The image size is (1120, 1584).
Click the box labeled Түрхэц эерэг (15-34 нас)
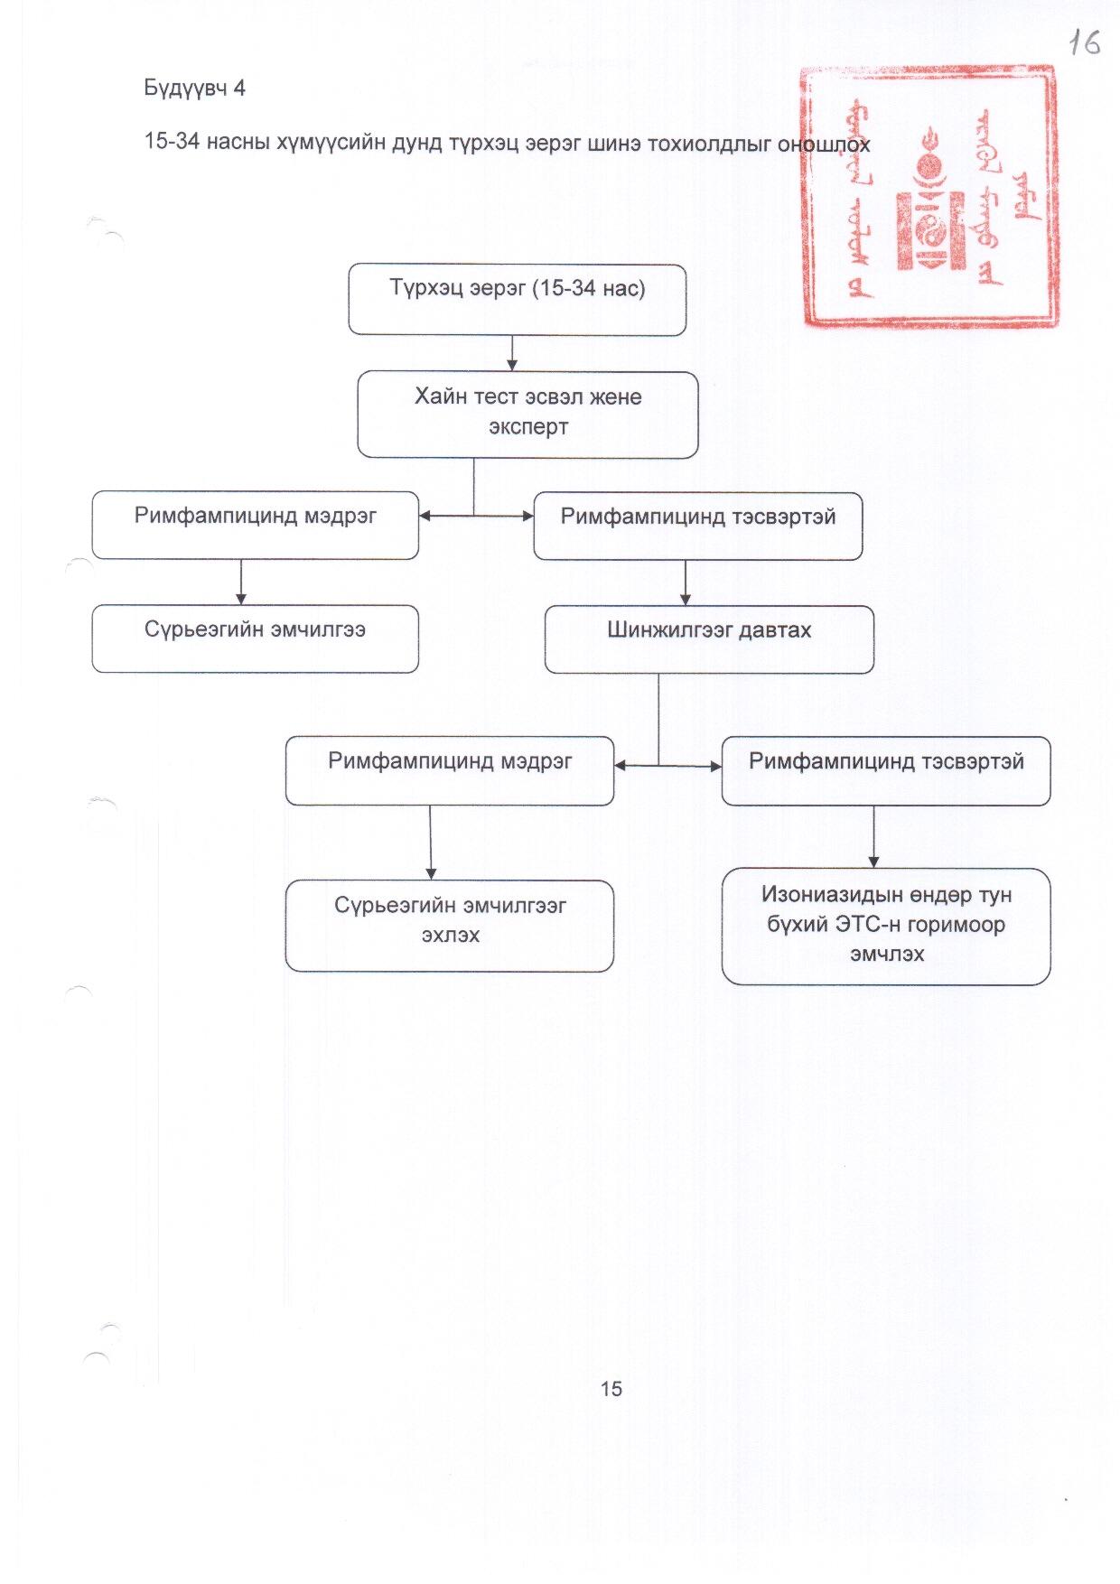click(517, 300)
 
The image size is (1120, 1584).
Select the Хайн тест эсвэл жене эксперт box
click(527, 415)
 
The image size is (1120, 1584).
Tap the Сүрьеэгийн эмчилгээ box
click(255, 638)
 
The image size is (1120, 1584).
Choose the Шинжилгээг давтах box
click(709, 639)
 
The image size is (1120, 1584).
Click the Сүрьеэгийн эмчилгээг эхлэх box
click(450, 926)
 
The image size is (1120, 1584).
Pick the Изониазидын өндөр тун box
click(886, 927)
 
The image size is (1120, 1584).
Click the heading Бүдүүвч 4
click(194, 89)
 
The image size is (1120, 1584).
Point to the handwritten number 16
click(1084, 42)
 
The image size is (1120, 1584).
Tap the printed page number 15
click(611, 1389)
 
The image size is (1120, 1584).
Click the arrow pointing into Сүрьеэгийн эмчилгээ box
click(241, 583)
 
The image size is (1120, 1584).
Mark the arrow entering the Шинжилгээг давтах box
click(686, 583)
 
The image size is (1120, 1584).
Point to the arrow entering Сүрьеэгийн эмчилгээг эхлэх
click(431, 843)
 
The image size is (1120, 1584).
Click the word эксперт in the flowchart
click(528, 427)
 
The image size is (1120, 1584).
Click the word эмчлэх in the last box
click(887, 955)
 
